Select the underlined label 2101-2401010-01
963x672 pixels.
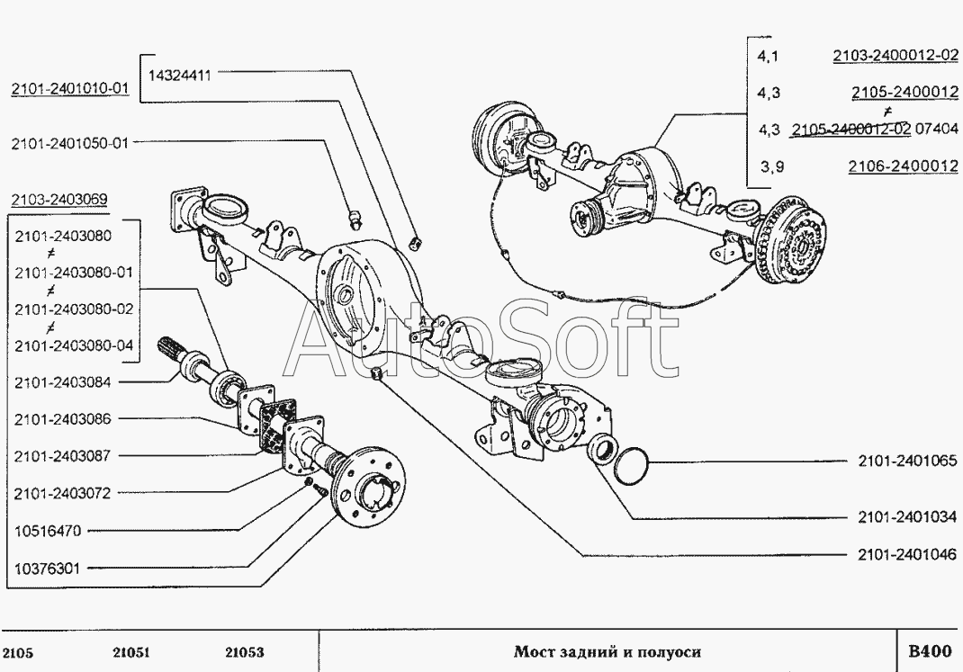click(x=70, y=88)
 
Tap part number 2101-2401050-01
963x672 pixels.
click(x=70, y=142)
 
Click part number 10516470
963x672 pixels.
click(x=49, y=531)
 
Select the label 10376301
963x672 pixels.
click(x=49, y=568)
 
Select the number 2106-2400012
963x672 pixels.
click(x=903, y=166)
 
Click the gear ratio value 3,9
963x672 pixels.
click(x=768, y=166)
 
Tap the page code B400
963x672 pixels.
click(x=929, y=651)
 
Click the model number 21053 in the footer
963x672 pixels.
click(x=244, y=652)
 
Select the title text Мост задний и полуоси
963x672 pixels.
click(x=607, y=652)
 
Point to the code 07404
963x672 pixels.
click(x=936, y=130)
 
